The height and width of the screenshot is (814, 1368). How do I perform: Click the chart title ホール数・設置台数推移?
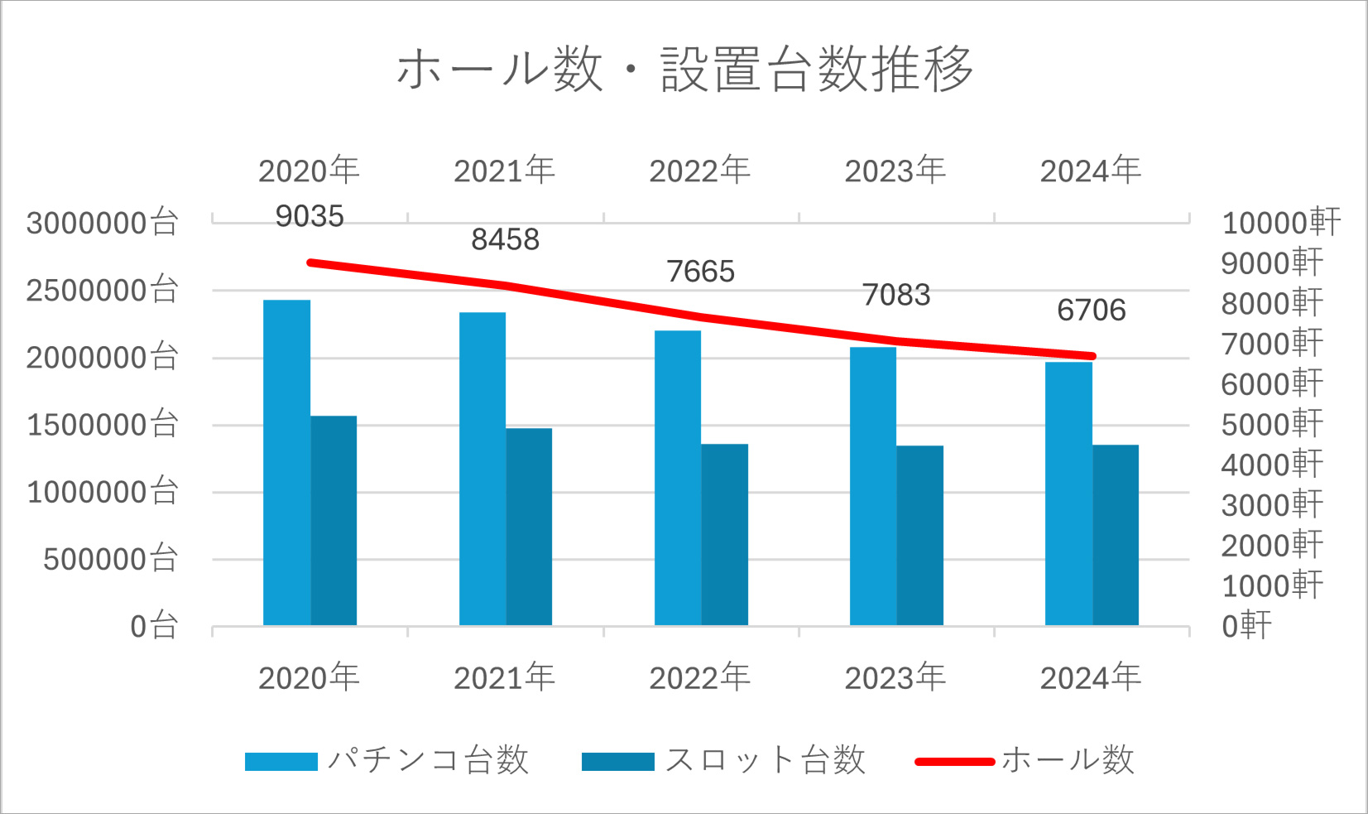coord(684,69)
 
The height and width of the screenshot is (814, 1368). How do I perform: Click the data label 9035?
coord(310,217)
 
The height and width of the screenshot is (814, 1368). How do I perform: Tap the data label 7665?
coord(700,272)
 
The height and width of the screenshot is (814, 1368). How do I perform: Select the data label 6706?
coord(1091,311)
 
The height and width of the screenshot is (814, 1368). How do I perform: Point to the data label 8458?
coord(505,240)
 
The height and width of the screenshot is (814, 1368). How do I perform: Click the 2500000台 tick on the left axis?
coord(103,291)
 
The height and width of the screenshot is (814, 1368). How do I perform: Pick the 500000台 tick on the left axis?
coord(111,560)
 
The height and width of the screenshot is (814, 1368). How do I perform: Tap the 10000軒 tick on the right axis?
coord(1280,223)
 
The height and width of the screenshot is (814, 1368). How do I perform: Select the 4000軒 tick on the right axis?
coord(1272,465)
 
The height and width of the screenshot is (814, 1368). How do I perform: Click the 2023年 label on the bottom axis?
coord(895,678)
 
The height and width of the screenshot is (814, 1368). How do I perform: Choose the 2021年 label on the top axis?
coord(505,171)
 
